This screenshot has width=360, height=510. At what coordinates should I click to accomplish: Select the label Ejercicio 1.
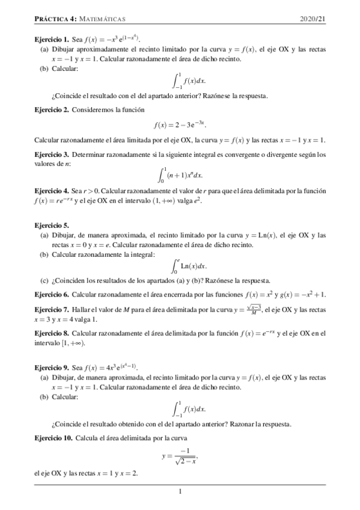coord(51,38)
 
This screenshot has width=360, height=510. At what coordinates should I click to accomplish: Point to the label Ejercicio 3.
coord(51,155)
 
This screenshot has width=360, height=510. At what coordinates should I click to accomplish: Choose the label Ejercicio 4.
coord(51,191)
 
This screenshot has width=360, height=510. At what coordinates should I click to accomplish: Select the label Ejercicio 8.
coord(51,333)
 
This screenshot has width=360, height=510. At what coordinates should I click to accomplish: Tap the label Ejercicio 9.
coord(51,367)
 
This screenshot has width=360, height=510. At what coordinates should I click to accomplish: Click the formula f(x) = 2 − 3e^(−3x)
coord(180,125)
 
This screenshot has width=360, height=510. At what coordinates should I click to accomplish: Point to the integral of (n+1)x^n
coord(180,174)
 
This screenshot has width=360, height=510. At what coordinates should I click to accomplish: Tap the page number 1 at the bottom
coord(180,492)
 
